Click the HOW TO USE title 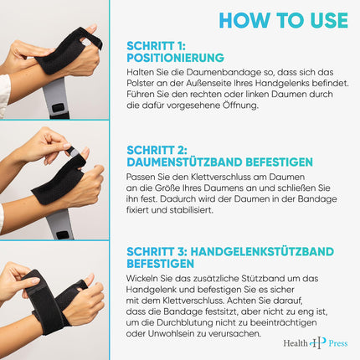pyautogui.click(x=284, y=20)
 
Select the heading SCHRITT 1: pyautogui.click(x=156, y=46)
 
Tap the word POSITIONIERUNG pyautogui.click(x=175, y=58)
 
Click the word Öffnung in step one pyautogui.click(x=240, y=105)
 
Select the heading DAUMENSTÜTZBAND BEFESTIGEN pyautogui.click(x=219, y=162)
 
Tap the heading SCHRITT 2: pyautogui.click(x=157, y=150)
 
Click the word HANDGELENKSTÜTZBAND pyautogui.click(x=262, y=252)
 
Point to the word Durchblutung pyautogui.click(x=186, y=322)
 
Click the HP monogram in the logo pyautogui.click(x=318, y=342)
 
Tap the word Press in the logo pyautogui.click(x=338, y=343)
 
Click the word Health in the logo pyautogui.click(x=296, y=343)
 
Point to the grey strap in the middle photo pyautogui.click(x=60, y=224)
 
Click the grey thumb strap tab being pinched pyautogui.click(x=74, y=152)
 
